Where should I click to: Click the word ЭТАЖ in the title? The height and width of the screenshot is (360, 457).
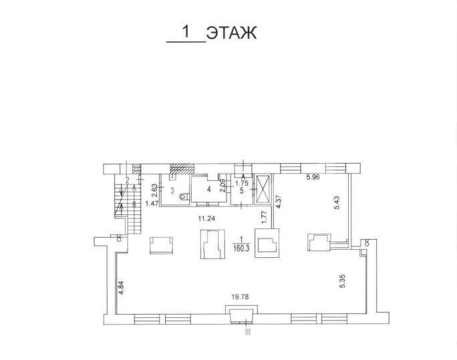pos(231,33)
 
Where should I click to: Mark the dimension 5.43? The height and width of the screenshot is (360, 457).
pos(337,202)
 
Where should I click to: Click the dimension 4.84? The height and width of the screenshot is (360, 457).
pos(119,287)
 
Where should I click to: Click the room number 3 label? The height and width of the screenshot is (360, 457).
pos(172,191)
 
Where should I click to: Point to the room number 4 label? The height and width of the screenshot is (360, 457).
pos(208,190)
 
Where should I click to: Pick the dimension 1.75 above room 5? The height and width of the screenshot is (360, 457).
pos(241,182)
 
